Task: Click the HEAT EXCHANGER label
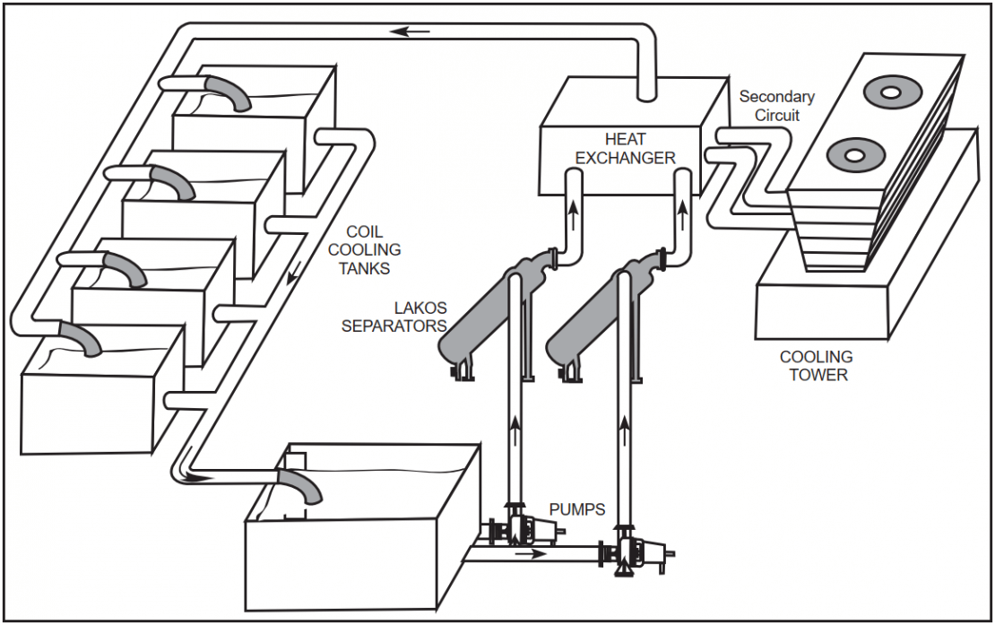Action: coord(625,149)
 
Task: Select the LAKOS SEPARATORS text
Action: coord(394,317)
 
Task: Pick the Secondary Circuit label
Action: coord(776,106)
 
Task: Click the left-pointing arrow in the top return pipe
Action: coord(413,31)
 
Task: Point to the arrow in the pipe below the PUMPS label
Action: coord(532,553)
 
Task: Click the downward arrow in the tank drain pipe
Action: coord(290,285)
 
